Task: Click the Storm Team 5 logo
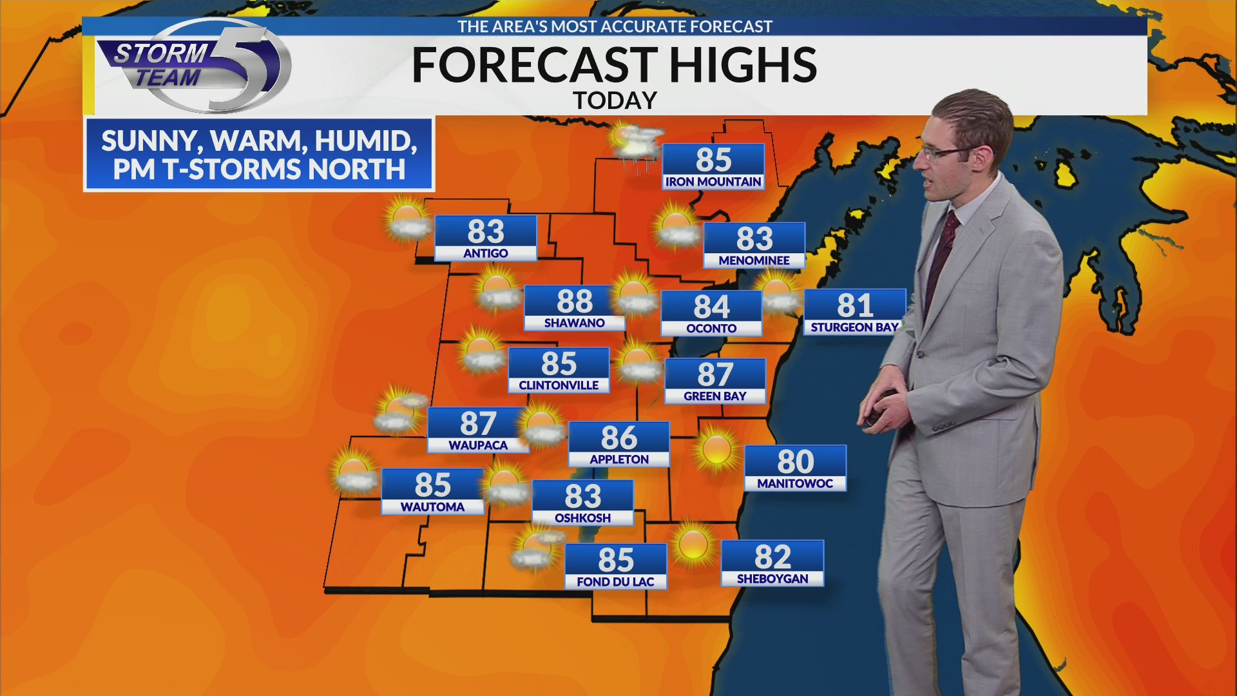pos(193,66)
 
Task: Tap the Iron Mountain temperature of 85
pos(713,159)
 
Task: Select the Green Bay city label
pos(714,396)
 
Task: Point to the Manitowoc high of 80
pos(795,461)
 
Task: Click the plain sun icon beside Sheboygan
pos(693,545)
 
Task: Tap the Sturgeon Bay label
pos(854,327)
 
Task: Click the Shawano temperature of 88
pos(574,301)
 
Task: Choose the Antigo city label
pos(486,253)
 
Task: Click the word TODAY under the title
pos(615,101)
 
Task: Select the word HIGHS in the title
pos(743,65)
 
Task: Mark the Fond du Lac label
pos(615,582)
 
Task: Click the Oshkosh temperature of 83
pos(582,496)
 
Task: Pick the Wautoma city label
pos(432,507)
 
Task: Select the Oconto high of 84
pos(711,307)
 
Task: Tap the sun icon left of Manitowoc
pos(716,449)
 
